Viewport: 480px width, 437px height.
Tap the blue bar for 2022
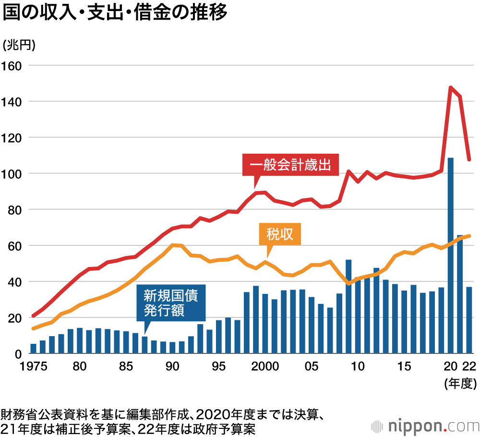[x=469, y=320]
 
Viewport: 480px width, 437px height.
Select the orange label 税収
[x=280, y=234]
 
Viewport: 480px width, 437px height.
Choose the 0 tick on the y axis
[x=18, y=354]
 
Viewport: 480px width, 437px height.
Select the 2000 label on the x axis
[x=265, y=366]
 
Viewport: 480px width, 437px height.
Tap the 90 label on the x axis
[x=172, y=366]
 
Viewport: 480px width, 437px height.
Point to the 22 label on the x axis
[x=469, y=366]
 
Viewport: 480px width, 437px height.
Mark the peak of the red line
[x=451, y=87]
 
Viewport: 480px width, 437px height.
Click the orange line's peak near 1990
[x=172, y=245]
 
